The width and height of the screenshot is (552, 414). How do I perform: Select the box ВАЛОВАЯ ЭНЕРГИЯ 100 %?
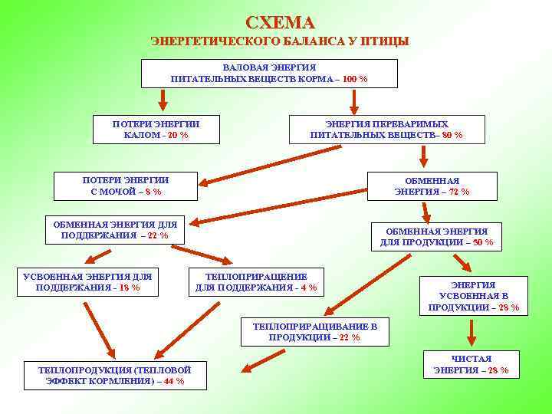coord(269,74)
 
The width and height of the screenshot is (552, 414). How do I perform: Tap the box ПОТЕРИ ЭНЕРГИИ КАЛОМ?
coord(156,130)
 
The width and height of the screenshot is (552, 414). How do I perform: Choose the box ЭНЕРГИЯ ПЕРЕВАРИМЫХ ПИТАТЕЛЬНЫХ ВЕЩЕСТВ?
coord(386,130)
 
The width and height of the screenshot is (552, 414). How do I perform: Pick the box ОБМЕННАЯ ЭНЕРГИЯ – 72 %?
coord(432,186)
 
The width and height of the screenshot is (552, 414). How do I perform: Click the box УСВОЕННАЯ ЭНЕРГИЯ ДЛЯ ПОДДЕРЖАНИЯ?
coord(87,282)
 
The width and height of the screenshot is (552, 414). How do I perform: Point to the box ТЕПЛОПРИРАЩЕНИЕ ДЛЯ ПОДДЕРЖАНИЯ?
coord(256,282)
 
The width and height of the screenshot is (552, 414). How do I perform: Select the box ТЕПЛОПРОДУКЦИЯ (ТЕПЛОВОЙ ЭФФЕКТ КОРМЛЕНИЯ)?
coord(115,375)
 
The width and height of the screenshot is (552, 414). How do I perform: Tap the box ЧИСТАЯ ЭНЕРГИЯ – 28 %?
coord(472,364)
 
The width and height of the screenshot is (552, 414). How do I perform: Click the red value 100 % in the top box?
coord(354,79)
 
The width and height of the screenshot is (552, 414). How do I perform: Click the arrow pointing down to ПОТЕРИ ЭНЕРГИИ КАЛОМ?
coord(163,100)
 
